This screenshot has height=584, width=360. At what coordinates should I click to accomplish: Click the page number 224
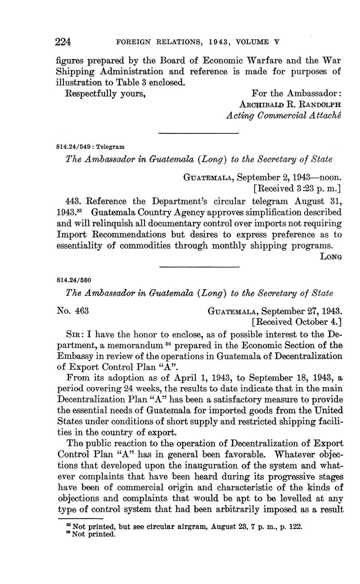(63, 42)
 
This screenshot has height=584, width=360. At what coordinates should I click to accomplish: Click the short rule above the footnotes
(80, 518)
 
